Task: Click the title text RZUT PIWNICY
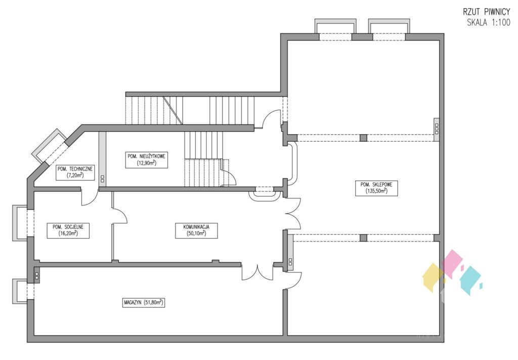coord(486,12)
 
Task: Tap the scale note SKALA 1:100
coord(488,23)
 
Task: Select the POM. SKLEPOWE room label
coord(376,184)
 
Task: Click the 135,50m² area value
coord(376,191)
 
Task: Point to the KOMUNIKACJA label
coord(196,227)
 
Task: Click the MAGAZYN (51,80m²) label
coord(143,302)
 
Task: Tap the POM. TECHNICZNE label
coord(75,169)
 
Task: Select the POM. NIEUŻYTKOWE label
coord(146,156)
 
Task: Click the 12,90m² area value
coord(146,163)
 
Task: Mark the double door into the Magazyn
coord(257,272)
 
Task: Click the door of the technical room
coord(90,197)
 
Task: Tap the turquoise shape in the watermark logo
coord(471,281)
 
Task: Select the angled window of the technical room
coord(50,146)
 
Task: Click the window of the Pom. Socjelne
coord(20,223)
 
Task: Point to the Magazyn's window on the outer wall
coord(20,291)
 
